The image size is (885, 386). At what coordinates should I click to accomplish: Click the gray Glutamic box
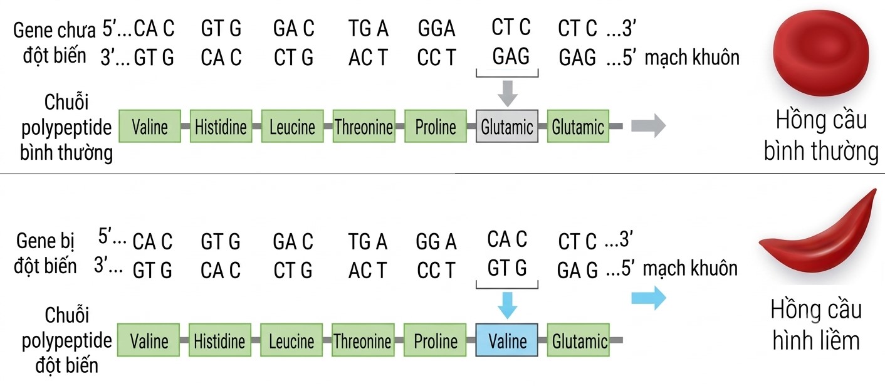click(507, 126)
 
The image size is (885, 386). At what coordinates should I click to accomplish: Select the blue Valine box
click(507, 340)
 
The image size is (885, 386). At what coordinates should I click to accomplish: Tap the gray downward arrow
click(508, 93)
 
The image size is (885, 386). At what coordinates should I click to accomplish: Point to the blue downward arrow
click(508, 305)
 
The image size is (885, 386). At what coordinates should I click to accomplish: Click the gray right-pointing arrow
click(648, 126)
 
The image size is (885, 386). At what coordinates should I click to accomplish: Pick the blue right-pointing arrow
click(648, 298)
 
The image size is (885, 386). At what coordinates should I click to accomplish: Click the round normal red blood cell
click(820, 53)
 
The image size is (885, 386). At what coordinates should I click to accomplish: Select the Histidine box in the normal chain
click(221, 126)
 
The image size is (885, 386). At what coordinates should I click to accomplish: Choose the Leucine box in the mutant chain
click(291, 340)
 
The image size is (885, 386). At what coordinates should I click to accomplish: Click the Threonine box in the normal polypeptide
click(364, 126)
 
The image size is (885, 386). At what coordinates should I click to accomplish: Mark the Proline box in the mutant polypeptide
click(435, 340)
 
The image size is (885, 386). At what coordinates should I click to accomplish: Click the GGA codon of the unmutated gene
click(437, 28)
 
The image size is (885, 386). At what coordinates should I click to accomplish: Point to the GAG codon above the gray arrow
click(510, 56)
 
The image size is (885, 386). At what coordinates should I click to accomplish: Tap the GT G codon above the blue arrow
click(507, 268)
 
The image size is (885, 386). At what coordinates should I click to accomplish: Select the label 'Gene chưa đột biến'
click(55, 43)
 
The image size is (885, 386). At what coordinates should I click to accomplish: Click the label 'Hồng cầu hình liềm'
click(816, 325)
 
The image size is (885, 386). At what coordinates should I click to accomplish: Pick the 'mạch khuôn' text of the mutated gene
click(690, 269)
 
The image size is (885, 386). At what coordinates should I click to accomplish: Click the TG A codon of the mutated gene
click(367, 241)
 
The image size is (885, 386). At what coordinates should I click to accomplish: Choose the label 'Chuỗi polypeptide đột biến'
click(66, 340)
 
